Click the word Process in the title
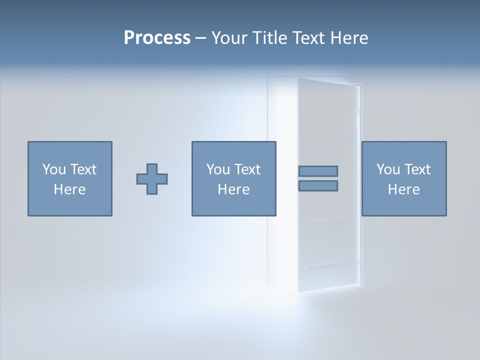click(x=157, y=38)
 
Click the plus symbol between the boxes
click(x=152, y=179)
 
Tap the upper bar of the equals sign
click(x=318, y=171)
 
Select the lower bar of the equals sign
click(x=318, y=186)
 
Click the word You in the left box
click(x=54, y=169)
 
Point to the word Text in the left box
click(x=83, y=169)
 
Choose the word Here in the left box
click(x=69, y=189)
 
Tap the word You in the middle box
click(x=218, y=169)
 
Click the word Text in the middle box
click(x=247, y=169)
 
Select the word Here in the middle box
click(x=233, y=189)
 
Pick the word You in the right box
click(x=388, y=169)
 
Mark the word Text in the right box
click(x=417, y=169)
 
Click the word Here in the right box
click(x=403, y=189)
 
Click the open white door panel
click(x=327, y=240)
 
